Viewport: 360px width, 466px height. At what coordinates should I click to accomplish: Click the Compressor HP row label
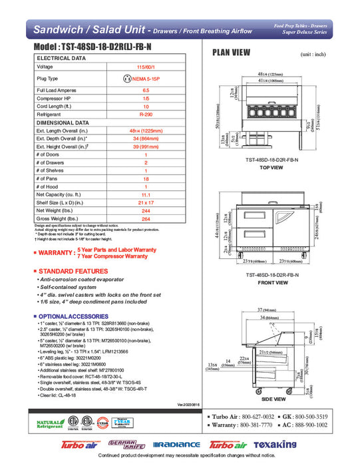pyautogui.click(x=59, y=97)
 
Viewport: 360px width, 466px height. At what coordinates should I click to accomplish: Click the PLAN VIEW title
pyautogui.click(x=231, y=53)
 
